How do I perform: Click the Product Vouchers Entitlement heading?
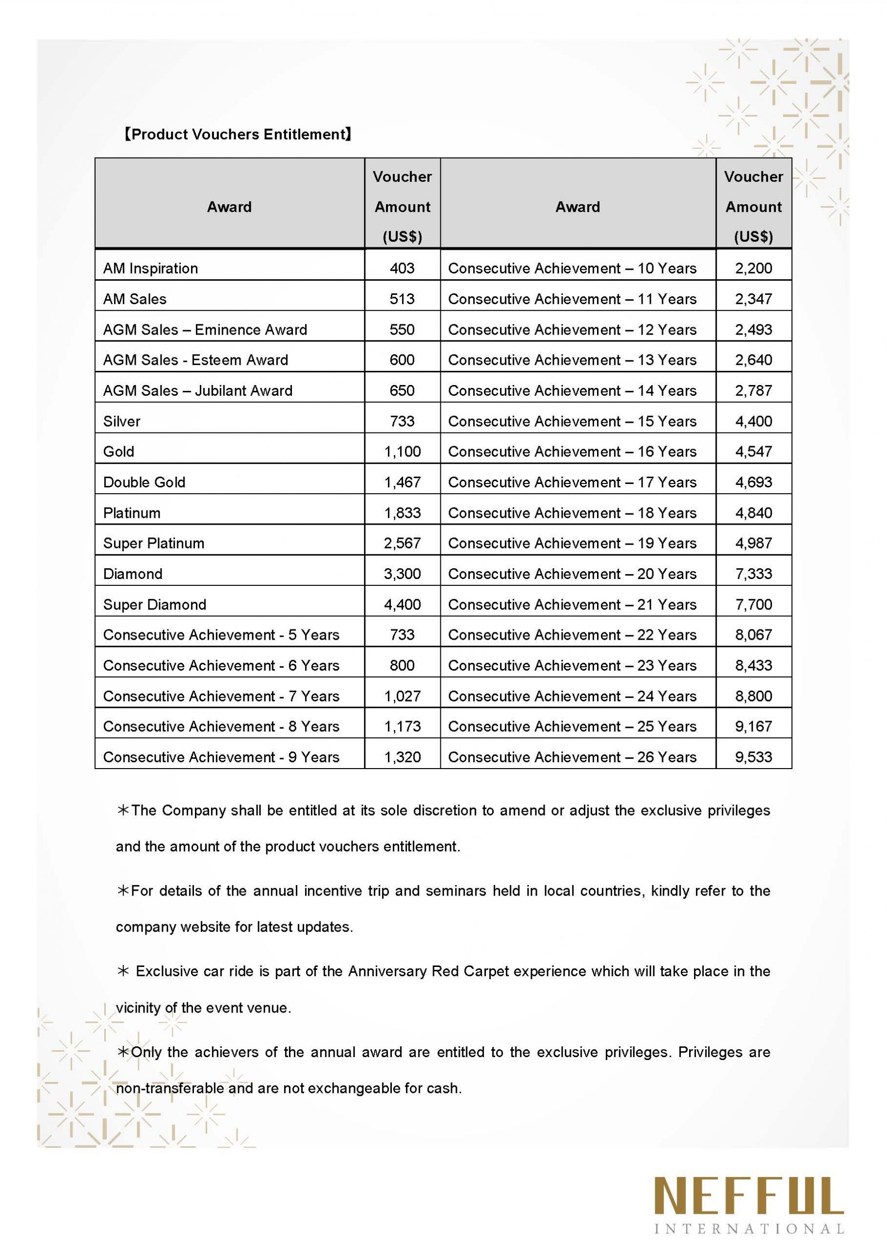pyautogui.click(x=237, y=134)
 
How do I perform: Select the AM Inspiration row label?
pyautogui.click(x=150, y=268)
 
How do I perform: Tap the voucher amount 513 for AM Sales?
pyautogui.click(x=402, y=299)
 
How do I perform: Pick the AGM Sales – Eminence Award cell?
pyautogui.click(x=205, y=329)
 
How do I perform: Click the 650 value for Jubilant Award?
pyautogui.click(x=402, y=390)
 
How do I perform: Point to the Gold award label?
pyautogui.click(x=119, y=452)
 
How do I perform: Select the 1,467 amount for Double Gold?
pyautogui.click(x=402, y=482)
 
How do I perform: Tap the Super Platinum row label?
pyautogui.click(x=153, y=543)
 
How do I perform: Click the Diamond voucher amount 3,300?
pyautogui.click(x=402, y=574)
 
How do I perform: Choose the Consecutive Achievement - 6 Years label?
pyautogui.click(x=221, y=666)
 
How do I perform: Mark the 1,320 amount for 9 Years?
pyautogui.click(x=402, y=757)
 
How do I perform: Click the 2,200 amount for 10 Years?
pyautogui.click(x=753, y=268)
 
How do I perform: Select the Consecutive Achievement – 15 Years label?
pyautogui.click(x=572, y=421)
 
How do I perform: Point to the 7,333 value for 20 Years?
pyautogui.click(x=753, y=574)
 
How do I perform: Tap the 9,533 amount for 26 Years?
pyautogui.click(x=753, y=757)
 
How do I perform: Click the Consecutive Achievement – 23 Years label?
pyautogui.click(x=572, y=666)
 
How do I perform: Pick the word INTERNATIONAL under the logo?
pyautogui.click(x=749, y=1230)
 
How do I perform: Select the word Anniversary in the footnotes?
pyautogui.click(x=388, y=972)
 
